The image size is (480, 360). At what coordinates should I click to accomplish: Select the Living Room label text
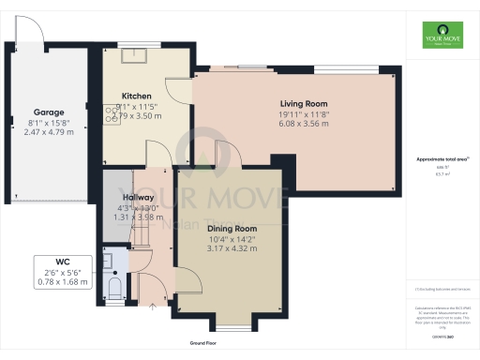pyautogui.click(x=303, y=103)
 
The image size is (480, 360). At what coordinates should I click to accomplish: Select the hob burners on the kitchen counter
pyautogui.click(x=111, y=112)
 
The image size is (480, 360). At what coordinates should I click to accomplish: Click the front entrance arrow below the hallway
pyautogui.click(x=153, y=305)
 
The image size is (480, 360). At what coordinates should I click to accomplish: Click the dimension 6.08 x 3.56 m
pyautogui.click(x=303, y=125)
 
